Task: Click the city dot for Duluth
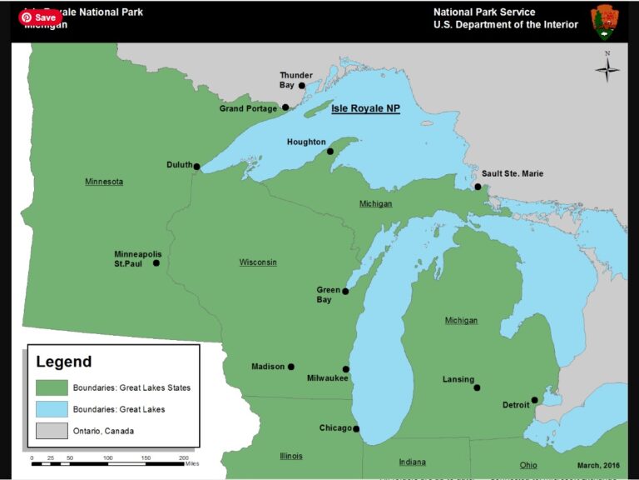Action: (x=196, y=167)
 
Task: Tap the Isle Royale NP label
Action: (x=365, y=108)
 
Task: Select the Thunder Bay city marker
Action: (x=302, y=86)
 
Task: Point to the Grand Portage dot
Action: (x=285, y=107)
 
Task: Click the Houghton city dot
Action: (x=330, y=152)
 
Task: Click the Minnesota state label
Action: (x=104, y=182)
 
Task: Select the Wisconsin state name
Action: (x=258, y=262)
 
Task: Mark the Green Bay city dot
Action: (x=345, y=292)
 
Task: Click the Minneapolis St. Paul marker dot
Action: (x=156, y=263)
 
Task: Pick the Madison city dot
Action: (x=291, y=367)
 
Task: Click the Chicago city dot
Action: (x=356, y=429)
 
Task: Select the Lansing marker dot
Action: (x=477, y=387)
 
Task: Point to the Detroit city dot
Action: (x=534, y=400)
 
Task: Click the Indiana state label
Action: (x=412, y=462)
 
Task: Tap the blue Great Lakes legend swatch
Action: (x=52, y=409)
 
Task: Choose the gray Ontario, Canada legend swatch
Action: (x=52, y=431)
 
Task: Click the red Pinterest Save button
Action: (x=39, y=17)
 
